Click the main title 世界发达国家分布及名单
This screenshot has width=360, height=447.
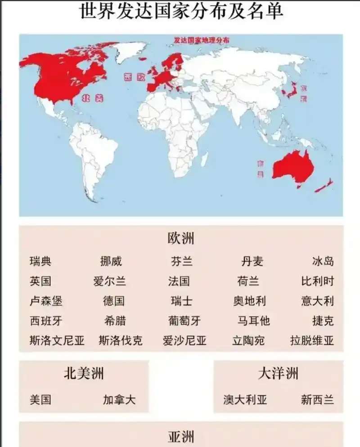point(181,11)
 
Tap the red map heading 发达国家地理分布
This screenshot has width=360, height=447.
point(202,40)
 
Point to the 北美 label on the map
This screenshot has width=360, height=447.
point(93,98)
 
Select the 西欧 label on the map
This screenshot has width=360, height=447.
point(135,77)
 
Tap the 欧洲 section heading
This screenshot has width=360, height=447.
point(181,238)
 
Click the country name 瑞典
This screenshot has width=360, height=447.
point(40,261)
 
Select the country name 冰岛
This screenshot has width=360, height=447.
point(323,261)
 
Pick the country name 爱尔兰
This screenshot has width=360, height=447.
point(110,282)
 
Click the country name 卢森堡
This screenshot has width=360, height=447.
point(46,301)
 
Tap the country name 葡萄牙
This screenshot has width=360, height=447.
point(184,321)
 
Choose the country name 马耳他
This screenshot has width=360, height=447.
point(253,321)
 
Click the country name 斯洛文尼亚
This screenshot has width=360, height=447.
point(57,340)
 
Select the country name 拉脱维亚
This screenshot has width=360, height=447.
point(312,340)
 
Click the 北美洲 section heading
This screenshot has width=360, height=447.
point(84,373)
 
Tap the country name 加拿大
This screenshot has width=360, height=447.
point(119,399)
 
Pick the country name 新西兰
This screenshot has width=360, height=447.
point(317,399)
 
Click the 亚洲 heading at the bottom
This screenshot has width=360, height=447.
point(181,437)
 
